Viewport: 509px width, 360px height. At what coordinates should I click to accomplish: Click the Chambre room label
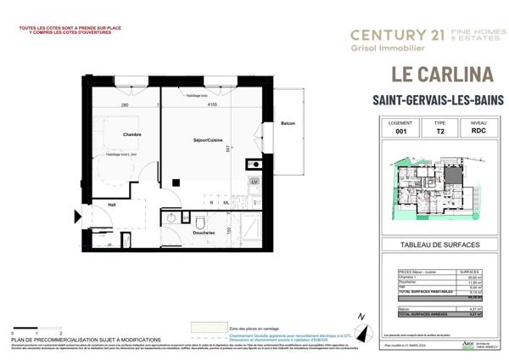click(131, 134)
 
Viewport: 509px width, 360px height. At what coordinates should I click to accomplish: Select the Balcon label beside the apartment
click(288, 124)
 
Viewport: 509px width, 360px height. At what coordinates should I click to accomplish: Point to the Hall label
click(111, 205)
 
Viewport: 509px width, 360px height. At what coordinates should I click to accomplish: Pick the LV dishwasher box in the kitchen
click(254, 182)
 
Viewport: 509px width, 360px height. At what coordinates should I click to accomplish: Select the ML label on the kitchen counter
click(227, 202)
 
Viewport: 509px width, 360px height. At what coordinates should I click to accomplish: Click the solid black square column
click(176, 182)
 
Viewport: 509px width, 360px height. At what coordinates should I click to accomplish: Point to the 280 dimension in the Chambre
click(125, 105)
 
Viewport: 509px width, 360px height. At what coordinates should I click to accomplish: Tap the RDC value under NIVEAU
click(478, 132)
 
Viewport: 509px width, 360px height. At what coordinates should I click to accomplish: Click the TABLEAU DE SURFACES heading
click(439, 245)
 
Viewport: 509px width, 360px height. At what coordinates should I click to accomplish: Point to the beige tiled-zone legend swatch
click(208, 327)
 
